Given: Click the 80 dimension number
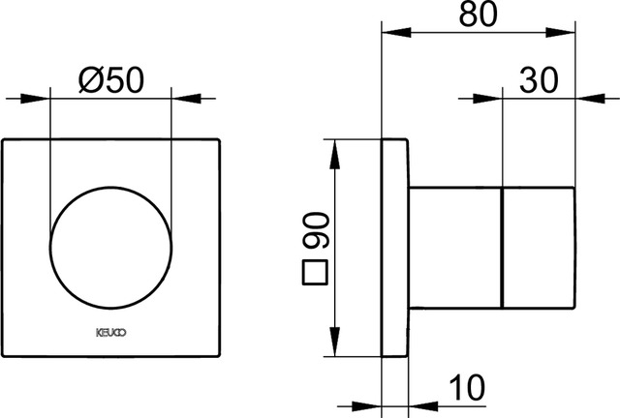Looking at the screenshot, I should (x=481, y=16).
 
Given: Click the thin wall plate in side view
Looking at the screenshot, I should (x=392, y=249).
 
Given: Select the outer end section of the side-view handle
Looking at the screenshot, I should (x=540, y=249).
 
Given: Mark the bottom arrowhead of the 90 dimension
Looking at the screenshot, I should (x=335, y=349).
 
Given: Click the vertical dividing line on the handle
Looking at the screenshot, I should (x=504, y=249).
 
